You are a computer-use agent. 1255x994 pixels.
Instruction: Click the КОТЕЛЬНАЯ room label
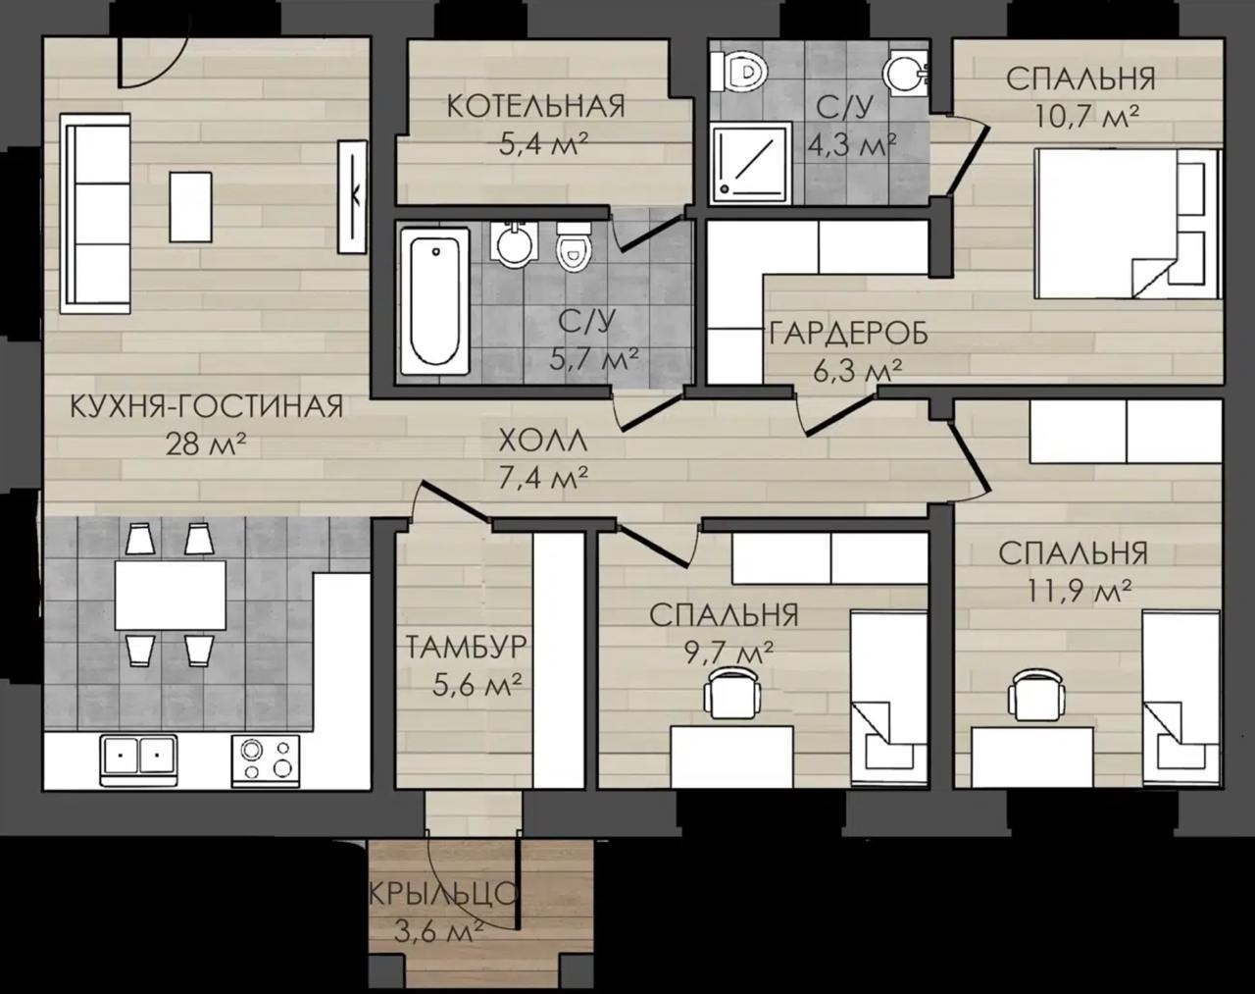click(535, 107)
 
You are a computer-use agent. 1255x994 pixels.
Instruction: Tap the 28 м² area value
click(205, 445)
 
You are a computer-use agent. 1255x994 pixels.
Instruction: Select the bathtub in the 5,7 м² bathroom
click(434, 301)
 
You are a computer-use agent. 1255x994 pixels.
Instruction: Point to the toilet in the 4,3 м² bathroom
click(739, 72)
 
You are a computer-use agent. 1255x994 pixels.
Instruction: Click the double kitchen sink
click(139, 759)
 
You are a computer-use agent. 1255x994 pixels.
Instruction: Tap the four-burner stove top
click(266, 759)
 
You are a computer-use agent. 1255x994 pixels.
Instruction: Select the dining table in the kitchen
click(171, 596)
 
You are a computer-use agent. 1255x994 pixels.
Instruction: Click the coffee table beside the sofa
click(190, 207)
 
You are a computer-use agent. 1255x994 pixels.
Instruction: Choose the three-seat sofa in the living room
click(96, 214)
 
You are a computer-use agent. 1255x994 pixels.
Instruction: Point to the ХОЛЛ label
click(543, 441)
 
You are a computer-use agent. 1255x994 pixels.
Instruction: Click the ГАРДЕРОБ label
click(848, 335)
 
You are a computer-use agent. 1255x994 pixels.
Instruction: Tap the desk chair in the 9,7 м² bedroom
click(732, 695)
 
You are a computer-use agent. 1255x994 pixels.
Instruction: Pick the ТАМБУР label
click(466, 648)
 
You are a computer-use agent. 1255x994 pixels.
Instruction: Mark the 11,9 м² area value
click(1073, 593)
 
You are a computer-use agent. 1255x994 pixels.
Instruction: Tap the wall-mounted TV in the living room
click(352, 197)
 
